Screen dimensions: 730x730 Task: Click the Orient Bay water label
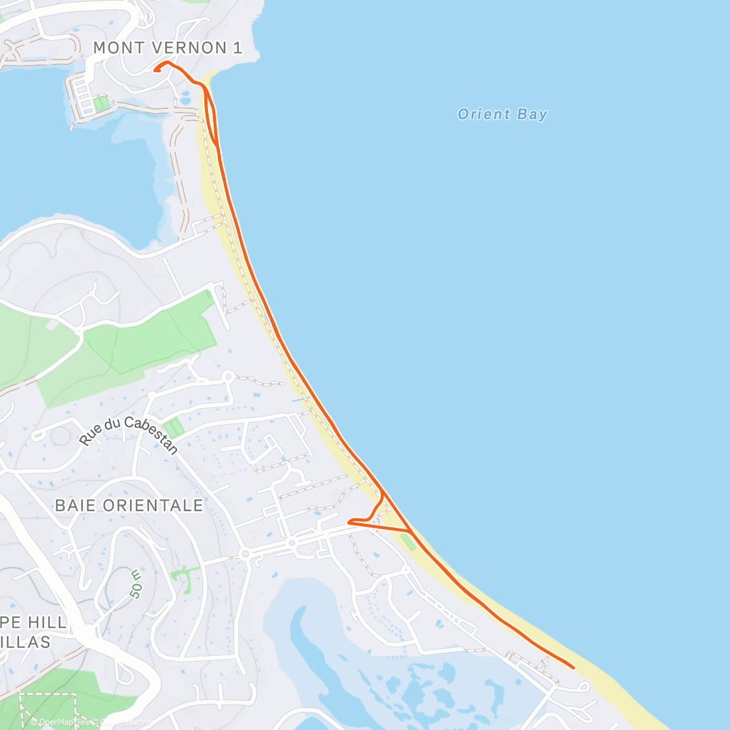pos(502,114)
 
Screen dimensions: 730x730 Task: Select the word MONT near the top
pos(119,47)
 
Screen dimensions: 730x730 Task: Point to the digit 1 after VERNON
pos(238,47)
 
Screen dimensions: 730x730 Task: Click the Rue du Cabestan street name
pos(129,434)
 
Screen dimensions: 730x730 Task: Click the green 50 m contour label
pos(136,585)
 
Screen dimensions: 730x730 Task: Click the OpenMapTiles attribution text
pos(60,722)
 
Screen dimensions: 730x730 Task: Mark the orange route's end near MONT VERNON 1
pos(156,71)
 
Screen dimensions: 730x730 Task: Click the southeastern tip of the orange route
pos(573,667)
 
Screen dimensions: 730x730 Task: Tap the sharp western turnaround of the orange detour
pos(349,522)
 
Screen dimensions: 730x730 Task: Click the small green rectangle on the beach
pos(408,542)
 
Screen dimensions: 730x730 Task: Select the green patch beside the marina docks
pos(102,104)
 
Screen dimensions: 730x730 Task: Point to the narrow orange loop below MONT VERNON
pos(210,116)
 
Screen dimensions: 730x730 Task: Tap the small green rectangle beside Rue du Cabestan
pos(174,428)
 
